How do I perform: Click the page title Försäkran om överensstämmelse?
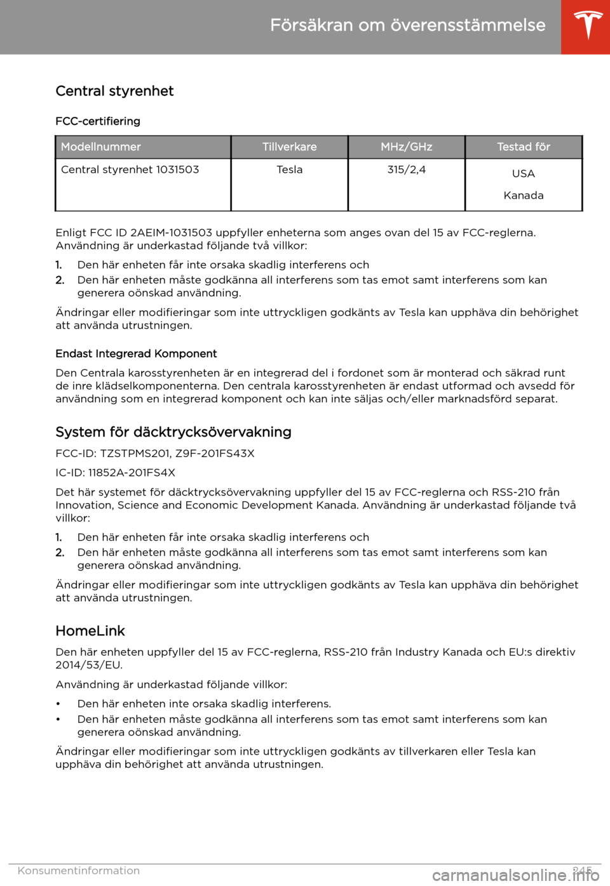pyautogui.click(x=407, y=25)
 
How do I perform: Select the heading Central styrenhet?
pyautogui.click(x=114, y=91)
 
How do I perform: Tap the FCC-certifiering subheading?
pyautogui.click(x=98, y=121)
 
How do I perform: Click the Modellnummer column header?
pyautogui.click(x=101, y=147)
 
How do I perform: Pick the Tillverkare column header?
pyautogui.click(x=289, y=147)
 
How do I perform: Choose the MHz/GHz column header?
pyautogui.click(x=406, y=147)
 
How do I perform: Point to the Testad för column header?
pyautogui.click(x=523, y=147)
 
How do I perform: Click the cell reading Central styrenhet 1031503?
pyautogui.click(x=130, y=169)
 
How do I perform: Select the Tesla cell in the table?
pyautogui.click(x=289, y=169)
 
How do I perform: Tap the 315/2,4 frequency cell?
pyautogui.click(x=406, y=169)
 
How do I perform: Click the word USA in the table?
pyautogui.click(x=523, y=174)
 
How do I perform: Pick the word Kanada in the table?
pyautogui.click(x=523, y=195)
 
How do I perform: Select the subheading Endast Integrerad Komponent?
pyautogui.click(x=136, y=354)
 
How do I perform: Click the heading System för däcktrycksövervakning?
pyautogui.click(x=173, y=432)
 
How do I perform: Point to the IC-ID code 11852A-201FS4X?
pyautogui.click(x=132, y=473)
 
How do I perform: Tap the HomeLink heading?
pyautogui.click(x=90, y=631)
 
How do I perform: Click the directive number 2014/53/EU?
pyautogui.click(x=89, y=665)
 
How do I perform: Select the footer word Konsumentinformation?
pyautogui.click(x=79, y=871)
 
